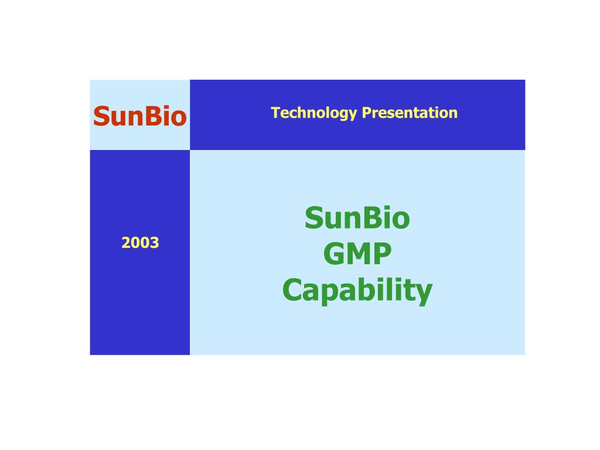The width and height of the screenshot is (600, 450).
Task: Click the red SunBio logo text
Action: [139, 116]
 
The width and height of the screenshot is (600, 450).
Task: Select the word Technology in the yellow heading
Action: [314, 113]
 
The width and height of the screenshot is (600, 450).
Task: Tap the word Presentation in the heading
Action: [410, 112]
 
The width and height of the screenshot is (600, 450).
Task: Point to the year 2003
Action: [140, 243]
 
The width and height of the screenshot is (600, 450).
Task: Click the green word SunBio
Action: [357, 218]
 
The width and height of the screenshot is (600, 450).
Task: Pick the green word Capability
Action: [357, 291]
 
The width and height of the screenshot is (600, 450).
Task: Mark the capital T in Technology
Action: [275, 112]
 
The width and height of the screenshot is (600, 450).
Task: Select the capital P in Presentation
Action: [366, 112]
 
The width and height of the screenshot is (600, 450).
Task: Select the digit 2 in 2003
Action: [126, 243]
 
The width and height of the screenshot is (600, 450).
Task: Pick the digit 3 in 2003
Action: [155, 243]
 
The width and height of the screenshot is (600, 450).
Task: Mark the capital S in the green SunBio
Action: [314, 218]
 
